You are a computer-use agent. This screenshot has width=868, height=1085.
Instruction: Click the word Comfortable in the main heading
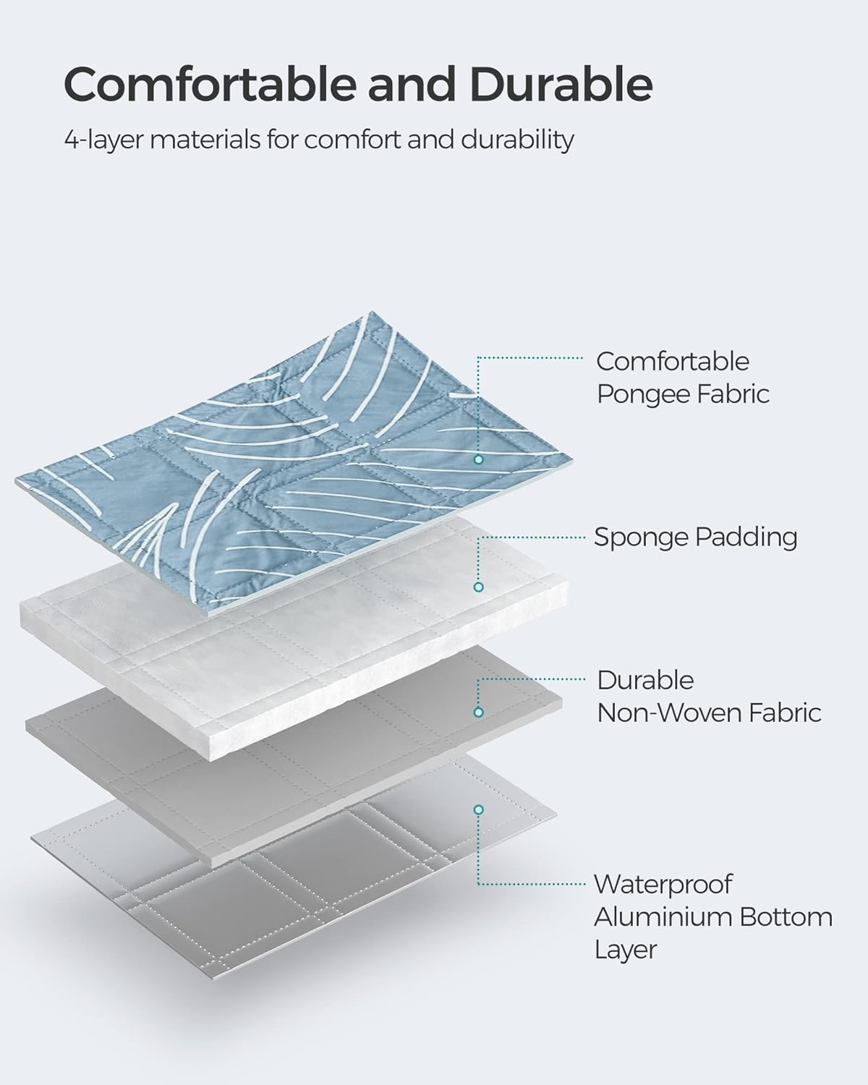click(x=209, y=85)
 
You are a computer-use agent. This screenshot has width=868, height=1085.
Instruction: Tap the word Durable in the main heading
click(x=561, y=85)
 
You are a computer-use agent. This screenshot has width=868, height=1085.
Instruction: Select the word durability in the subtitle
click(x=518, y=140)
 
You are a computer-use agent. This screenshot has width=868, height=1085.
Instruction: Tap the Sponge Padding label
click(x=695, y=537)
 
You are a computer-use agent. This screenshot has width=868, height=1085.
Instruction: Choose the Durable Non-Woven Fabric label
click(x=708, y=697)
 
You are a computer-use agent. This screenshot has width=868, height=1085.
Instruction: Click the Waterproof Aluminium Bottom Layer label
click(x=712, y=916)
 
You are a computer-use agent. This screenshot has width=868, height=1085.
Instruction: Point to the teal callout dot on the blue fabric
click(x=478, y=459)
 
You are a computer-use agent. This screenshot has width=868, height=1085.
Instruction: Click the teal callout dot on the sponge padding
click(x=478, y=587)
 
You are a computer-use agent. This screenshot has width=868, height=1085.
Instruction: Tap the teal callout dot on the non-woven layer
click(x=478, y=712)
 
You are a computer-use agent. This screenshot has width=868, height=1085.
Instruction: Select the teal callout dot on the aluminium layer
click(x=478, y=809)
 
